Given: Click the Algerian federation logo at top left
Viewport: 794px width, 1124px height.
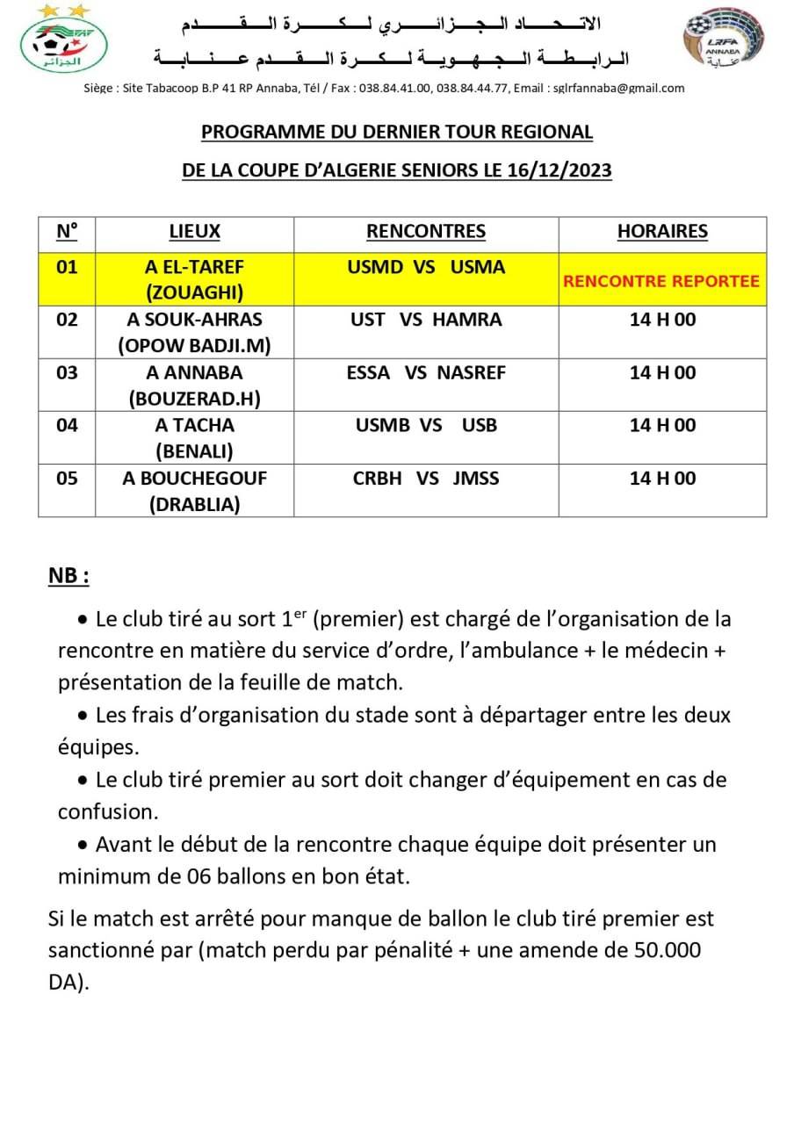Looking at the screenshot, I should pyautogui.click(x=64, y=40).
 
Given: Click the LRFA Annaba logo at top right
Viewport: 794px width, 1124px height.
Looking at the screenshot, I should pyautogui.click(x=724, y=42).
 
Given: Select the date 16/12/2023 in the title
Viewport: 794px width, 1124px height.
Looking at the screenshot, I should pyautogui.click(x=559, y=170).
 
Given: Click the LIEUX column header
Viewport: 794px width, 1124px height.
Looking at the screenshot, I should pyautogui.click(x=194, y=232).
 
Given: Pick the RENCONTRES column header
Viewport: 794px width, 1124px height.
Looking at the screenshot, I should pyautogui.click(x=426, y=232).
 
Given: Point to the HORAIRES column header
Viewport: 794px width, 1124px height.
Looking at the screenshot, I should pyautogui.click(x=662, y=232).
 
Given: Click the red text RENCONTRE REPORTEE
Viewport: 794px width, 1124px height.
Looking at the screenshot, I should pyautogui.click(x=661, y=282).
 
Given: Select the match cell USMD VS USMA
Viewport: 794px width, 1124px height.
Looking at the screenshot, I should pyautogui.click(x=426, y=267).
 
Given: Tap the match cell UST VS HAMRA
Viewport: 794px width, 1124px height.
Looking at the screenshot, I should pyautogui.click(x=426, y=320).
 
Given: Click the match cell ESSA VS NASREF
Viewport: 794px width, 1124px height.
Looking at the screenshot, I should pyautogui.click(x=426, y=372).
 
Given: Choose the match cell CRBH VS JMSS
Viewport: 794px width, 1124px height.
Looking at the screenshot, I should pyautogui.click(x=426, y=478).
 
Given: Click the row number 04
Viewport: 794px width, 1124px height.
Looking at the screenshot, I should pyautogui.click(x=67, y=425).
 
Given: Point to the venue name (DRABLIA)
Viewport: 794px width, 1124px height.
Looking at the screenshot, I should pyautogui.click(x=194, y=504).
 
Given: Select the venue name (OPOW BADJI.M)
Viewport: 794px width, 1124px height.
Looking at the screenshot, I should pyautogui.click(x=194, y=346).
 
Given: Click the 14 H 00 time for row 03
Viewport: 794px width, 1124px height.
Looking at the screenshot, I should pyautogui.click(x=662, y=372).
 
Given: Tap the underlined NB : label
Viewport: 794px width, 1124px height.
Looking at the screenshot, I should pyautogui.click(x=69, y=576).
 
